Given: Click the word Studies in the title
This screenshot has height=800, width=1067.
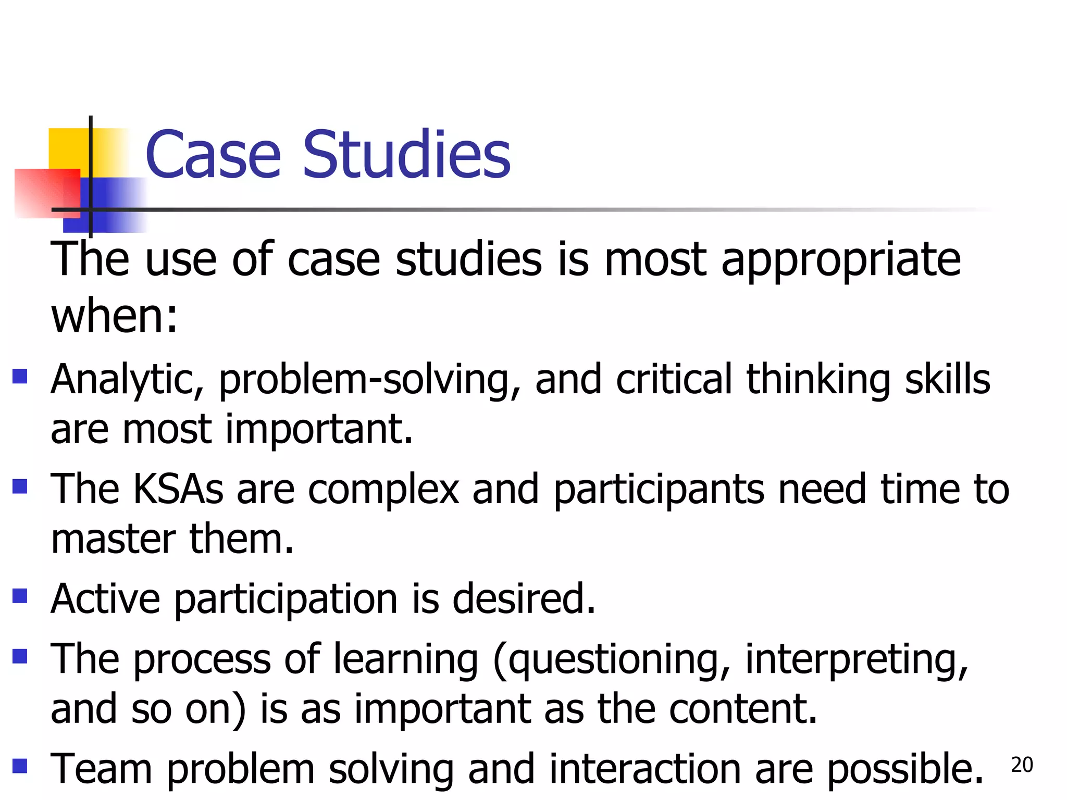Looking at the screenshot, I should pos(406,155).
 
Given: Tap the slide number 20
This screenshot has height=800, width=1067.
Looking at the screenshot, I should pos(1022,765).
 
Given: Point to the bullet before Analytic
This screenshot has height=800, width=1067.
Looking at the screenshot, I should pos(20,376).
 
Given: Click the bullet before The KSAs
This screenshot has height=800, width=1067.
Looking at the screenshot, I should pos(20,486).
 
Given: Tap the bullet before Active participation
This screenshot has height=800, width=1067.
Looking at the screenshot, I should pos(20,596).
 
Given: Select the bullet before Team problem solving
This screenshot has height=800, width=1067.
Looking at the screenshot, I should pos(20,766).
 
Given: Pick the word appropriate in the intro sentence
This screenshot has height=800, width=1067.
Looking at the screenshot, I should pos(841,260).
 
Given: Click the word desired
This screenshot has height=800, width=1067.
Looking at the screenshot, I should pos(524,599).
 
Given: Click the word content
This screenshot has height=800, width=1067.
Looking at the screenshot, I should pos(743,709).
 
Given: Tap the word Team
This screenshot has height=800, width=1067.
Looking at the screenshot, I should pos(101,769).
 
